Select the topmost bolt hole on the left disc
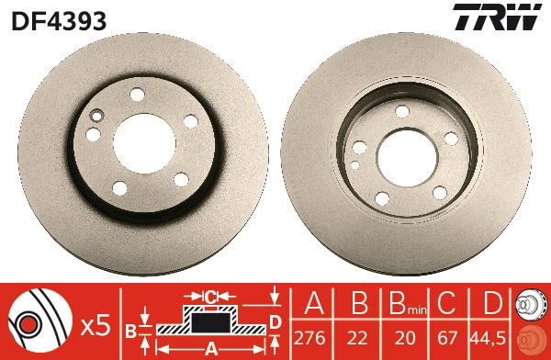tap(137, 94)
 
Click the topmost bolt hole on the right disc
tap(401, 110)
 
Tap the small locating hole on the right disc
tap(354, 166)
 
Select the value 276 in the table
tap(313, 334)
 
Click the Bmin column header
tap(405, 304)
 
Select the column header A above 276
tap(313, 304)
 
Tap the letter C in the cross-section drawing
tap(211, 296)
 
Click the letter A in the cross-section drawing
tap(211, 347)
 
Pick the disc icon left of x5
tap(37, 321)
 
